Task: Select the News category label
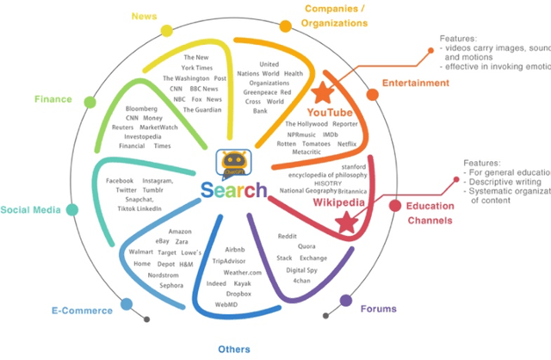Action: (143, 16)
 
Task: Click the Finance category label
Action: (53, 99)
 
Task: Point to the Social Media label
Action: (29, 209)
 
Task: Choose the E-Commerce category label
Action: (82, 310)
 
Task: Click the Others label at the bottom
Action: (234, 349)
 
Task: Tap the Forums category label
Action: (378, 307)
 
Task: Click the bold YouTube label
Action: (330, 113)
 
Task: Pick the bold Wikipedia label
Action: (333, 203)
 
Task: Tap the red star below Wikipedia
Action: (346, 223)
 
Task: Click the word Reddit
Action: (288, 235)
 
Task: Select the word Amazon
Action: (180, 232)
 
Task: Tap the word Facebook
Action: (121, 181)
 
